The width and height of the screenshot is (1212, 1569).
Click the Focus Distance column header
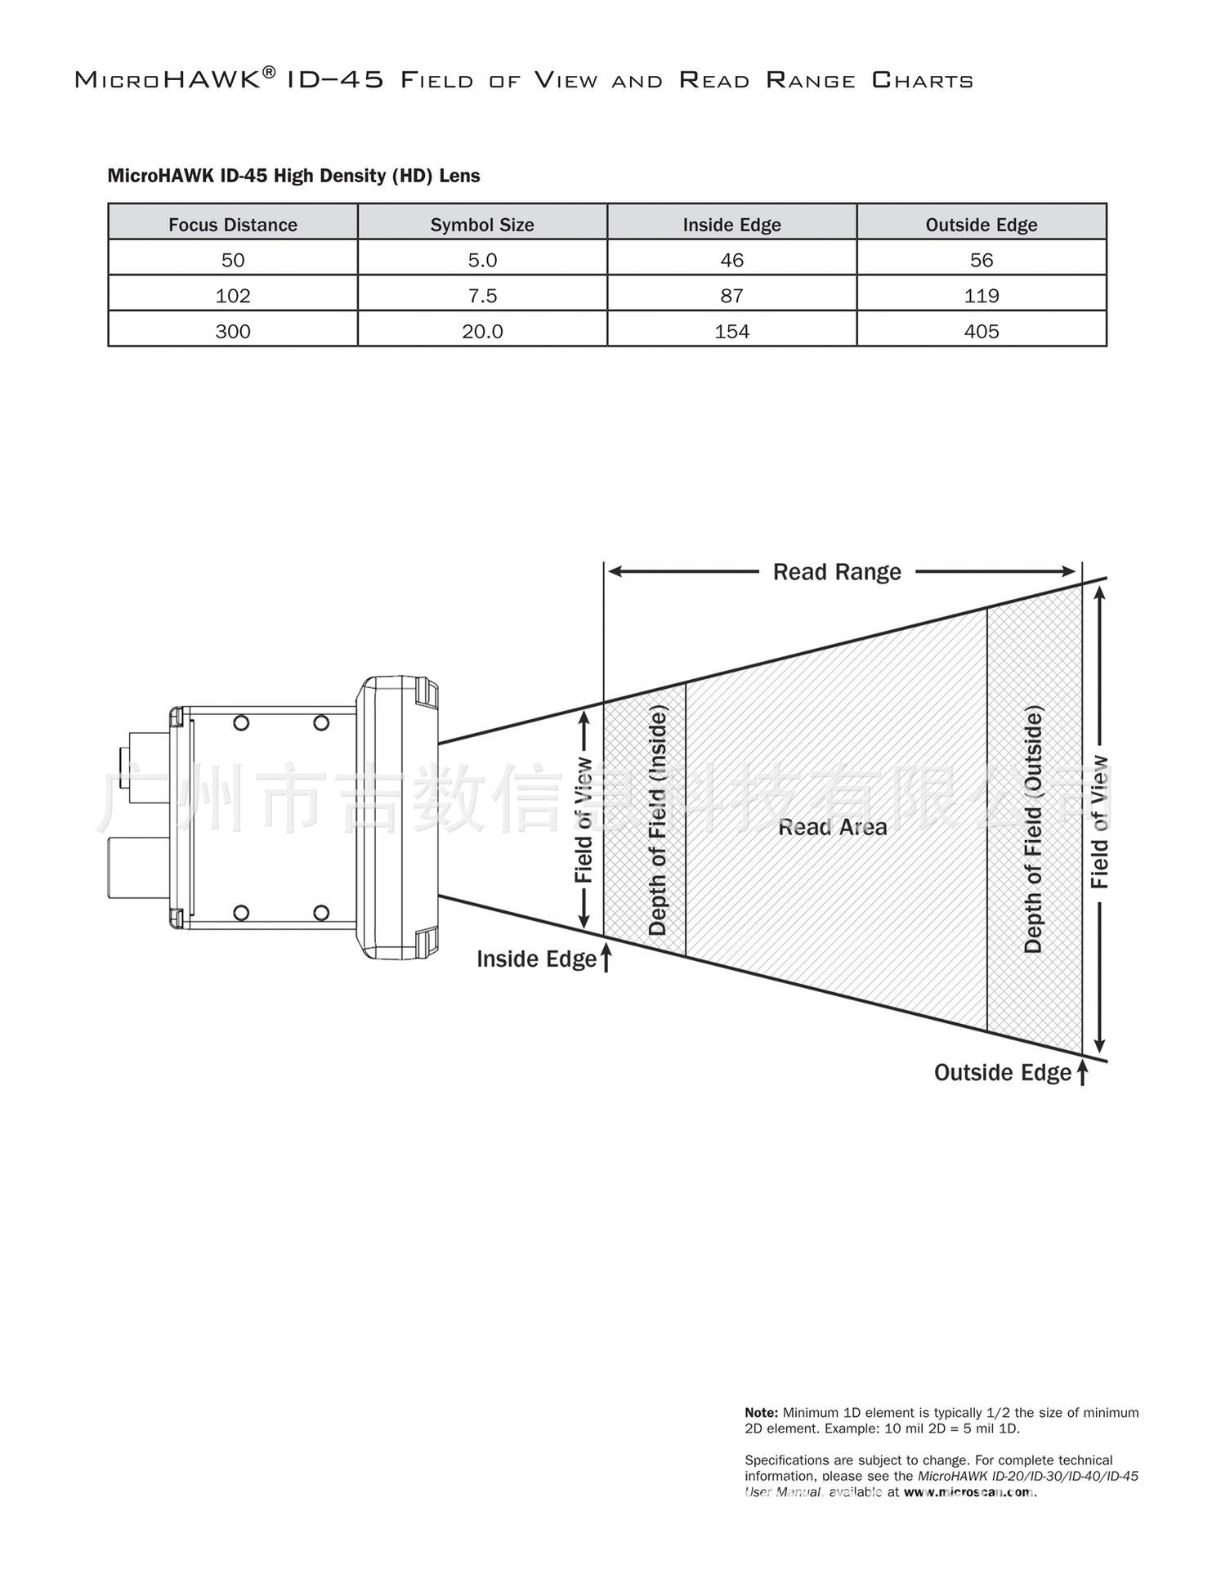pyautogui.click(x=233, y=225)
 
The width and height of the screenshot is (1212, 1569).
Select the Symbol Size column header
pyautogui.click(x=482, y=225)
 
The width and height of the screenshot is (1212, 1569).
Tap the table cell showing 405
pyautogui.click(x=982, y=331)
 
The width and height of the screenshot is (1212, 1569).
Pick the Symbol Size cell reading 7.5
pyautogui.click(x=482, y=295)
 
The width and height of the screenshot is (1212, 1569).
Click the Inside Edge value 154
pyautogui.click(x=732, y=331)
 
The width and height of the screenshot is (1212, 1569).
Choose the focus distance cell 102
pyautogui.click(x=233, y=295)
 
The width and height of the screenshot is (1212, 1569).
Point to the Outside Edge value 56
pyautogui.click(x=982, y=260)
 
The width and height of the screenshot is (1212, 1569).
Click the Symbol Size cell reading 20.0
pyautogui.click(x=482, y=331)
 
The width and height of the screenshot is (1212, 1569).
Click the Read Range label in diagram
pyautogui.click(x=837, y=572)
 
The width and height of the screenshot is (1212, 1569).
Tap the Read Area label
pyautogui.click(x=832, y=827)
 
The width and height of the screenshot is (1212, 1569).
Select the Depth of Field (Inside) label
pyautogui.click(x=658, y=820)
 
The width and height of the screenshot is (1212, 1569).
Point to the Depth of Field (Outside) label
pyautogui.click(x=1034, y=830)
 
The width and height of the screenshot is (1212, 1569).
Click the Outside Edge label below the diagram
pyautogui.click(x=1003, y=1073)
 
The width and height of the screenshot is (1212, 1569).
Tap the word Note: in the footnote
pyautogui.click(x=761, y=1412)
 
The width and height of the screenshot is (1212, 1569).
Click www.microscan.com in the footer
pyautogui.click(x=968, y=1491)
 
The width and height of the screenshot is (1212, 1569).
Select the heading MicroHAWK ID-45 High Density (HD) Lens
pyautogui.click(x=294, y=176)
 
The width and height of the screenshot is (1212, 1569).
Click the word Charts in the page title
pyautogui.click(x=923, y=80)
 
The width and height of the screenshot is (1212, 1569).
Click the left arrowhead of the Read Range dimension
pyautogui.click(x=615, y=572)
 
